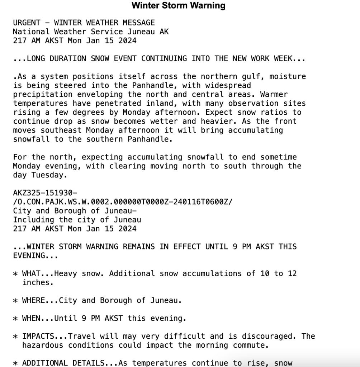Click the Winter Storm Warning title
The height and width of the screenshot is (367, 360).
pyautogui.click(x=178, y=6)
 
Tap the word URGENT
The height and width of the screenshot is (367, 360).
pyautogui.click(x=27, y=23)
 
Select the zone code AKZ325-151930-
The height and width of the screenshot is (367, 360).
pyautogui.click(x=45, y=193)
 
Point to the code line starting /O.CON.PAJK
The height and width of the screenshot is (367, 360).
pyautogui.click(x=123, y=202)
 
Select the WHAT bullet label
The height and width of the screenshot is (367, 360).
pyautogui.click(x=31, y=273)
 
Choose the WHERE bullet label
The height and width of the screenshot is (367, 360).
pyautogui.click(x=34, y=300)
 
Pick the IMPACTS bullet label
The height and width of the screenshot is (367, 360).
pyautogui.click(x=38, y=336)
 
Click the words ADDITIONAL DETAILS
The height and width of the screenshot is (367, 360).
pyautogui.click(x=63, y=363)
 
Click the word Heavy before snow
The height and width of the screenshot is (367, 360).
pyautogui.click(x=66, y=273)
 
